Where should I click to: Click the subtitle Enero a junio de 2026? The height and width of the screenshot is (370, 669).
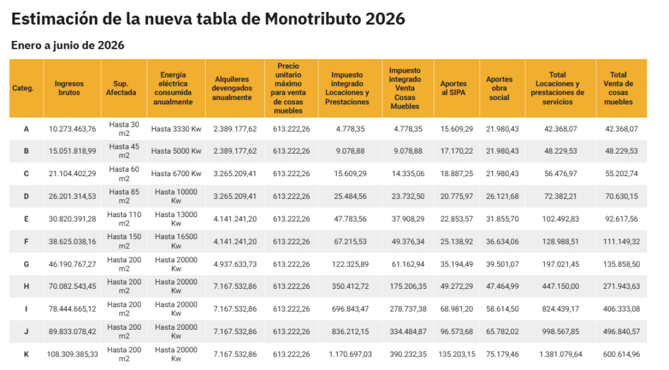point(68,46)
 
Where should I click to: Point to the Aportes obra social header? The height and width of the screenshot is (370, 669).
point(499,88)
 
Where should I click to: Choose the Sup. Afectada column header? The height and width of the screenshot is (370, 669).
point(121,88)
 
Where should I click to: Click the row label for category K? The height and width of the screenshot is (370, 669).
point(26,354)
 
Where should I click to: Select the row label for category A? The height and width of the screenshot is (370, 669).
point(26,129)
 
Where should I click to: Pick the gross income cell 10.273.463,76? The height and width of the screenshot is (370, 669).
point(73,129)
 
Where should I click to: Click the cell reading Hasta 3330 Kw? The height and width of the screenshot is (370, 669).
point(176,129)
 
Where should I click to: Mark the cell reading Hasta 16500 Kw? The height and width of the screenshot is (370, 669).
point(176,241)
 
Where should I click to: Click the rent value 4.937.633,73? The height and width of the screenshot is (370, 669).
point(235,264)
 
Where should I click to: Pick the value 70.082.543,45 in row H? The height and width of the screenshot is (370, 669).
point(73,287)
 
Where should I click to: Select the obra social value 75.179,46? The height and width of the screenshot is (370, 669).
point(499,354)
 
